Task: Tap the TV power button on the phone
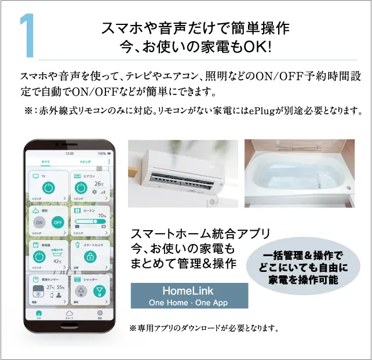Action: point(49,188)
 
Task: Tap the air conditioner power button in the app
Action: point(81,188)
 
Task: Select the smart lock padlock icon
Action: point(89,257)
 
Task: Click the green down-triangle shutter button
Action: point(100,292)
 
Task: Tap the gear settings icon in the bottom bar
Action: point(99,313)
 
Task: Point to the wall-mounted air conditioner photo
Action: point(183,173)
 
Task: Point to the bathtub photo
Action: point(299,173)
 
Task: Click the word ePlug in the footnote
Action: point(269,111)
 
